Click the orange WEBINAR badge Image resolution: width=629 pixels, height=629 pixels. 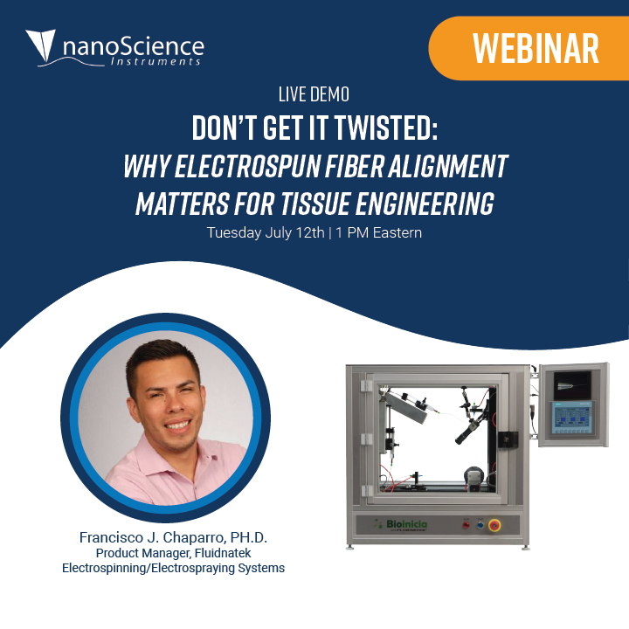529,48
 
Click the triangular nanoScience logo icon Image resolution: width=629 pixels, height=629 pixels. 41,45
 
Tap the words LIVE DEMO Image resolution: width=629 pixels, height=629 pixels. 314,94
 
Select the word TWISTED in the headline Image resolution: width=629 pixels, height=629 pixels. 386,128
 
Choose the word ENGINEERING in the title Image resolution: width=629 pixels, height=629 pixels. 425,203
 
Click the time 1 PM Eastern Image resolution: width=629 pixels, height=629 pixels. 378,232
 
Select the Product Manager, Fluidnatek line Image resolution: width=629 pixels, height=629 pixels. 173,553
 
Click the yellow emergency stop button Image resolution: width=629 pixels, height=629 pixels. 494,525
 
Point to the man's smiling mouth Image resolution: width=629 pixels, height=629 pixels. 178,425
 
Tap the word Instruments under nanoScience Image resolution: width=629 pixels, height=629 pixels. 156,61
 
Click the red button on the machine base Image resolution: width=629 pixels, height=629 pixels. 467,525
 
